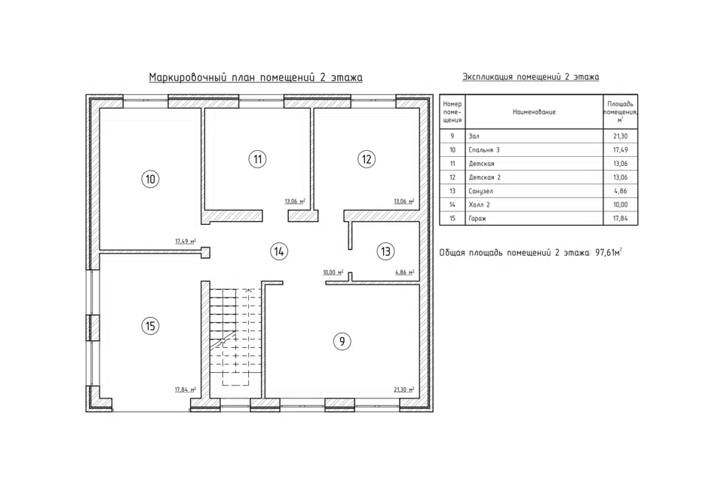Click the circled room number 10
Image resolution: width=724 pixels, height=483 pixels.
(150, 179)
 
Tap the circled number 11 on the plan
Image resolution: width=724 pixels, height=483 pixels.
(258, 159)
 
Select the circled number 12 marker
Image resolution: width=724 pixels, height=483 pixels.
(367, 159)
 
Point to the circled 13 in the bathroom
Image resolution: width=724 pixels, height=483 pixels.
(385, 251)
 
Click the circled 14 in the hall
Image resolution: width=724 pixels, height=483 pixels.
(279, 251)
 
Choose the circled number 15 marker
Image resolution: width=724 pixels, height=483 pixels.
(150, 326)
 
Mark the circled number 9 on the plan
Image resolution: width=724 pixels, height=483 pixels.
(342, 342)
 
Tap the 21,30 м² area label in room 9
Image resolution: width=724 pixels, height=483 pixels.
(403, 389)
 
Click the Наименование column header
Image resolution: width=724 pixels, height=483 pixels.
(534, 112)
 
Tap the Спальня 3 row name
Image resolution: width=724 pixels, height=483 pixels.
(484, 150)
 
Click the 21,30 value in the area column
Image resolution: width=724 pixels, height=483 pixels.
(621, 137)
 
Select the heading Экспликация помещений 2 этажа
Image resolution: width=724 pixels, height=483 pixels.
(530, 77)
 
